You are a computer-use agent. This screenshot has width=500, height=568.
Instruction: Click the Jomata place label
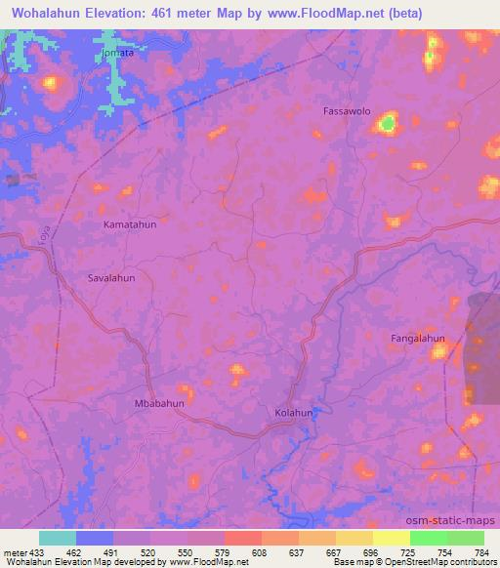click(x=118, y=55)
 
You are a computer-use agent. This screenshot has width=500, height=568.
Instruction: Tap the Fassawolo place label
click(x=346, y=111)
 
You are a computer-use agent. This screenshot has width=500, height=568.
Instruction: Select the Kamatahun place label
click(x=130, y=224)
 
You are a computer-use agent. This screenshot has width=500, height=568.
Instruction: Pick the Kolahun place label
click(x=294, y=413)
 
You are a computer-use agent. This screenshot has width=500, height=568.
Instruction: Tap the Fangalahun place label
click(x=418, y=339)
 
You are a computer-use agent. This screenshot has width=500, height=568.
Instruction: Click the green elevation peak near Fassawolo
click(x=389, y=124)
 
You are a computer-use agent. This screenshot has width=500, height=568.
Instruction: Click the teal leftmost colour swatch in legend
click(x=58, y=538)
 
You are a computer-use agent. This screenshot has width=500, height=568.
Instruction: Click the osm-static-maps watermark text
click(x=458, y=520)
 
